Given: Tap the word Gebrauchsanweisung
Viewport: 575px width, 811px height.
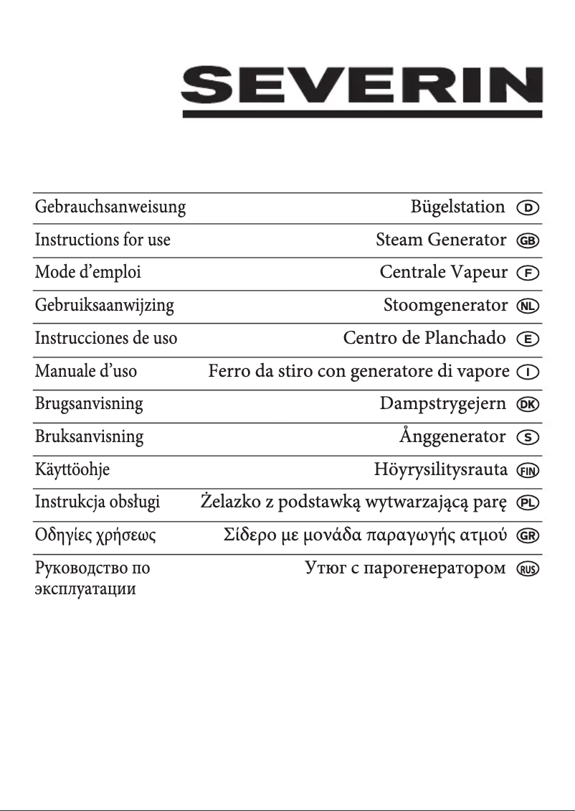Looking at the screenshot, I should click(110, 207).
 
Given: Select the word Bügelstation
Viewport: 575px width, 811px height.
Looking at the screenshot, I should click(457, 207).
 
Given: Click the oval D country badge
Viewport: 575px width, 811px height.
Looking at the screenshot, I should click(528, 208).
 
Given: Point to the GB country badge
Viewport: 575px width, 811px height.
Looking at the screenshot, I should click(528, 241).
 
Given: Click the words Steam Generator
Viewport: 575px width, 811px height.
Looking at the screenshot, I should click(441, 240).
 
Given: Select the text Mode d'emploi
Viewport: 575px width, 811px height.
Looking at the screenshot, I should click(88, 273).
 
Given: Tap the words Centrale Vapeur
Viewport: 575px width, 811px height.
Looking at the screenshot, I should click(443, 273).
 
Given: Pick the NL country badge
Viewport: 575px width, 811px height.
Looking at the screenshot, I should click(528, 306).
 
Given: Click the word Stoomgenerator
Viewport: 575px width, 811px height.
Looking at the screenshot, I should click(445, 306).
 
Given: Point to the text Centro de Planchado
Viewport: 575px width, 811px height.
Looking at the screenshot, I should click(424, 338).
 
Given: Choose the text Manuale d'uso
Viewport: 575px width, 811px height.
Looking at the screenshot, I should click(86, 372).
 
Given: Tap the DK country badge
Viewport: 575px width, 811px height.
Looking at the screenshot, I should click(528, 405).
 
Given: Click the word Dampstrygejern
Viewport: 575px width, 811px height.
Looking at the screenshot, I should click(443, 403).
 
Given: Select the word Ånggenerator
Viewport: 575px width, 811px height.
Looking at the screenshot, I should click(452, 436).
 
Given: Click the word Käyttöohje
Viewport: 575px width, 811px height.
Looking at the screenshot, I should click(72, 470).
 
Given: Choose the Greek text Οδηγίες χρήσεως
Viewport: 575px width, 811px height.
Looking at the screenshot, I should click(95, 536).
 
